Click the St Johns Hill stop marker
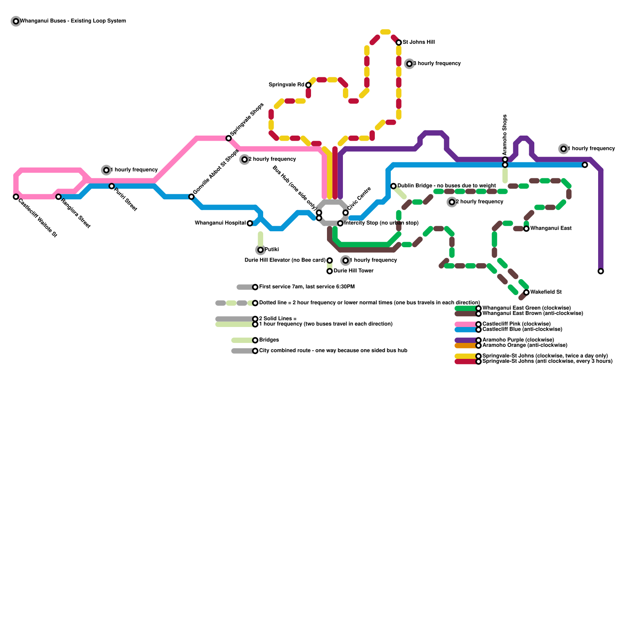pyautogui.click(x=399, y=42)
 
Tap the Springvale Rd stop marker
pyautogui.click(x=308, y=85)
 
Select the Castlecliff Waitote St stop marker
pyautogui.click(x=16, y=197)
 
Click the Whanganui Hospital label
pyautogui.click(x=220, y=223)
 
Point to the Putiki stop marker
pyautogui.click(x=260, y=250)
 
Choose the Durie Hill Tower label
pyautogui.click(x=353, y=271)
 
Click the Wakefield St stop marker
pyautogui.click(x=526, y=292)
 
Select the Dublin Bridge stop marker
pyautogui.click(x=394, y=186)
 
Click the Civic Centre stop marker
pyautogui.click(x=346, y=213)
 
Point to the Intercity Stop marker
pyautogui.click(x=340, y=223)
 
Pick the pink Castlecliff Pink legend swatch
pyautogui.click(x=466, y=324)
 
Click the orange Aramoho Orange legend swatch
pyautogui.click(x=466, y=346)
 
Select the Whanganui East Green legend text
pyautogui.click(x=526, y=308)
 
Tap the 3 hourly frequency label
pyautogui.click(x=437, y=63)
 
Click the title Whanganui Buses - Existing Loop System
pyautogui.click(x=73, y=21)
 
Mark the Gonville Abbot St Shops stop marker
pyautogui.click(x=191, y=197)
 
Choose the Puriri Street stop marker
pyautogui.click(x=112, y=186)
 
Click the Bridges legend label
pyautogui.click(x=269, y=340)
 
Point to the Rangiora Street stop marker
pyautogui.click(x=59, y=197)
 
